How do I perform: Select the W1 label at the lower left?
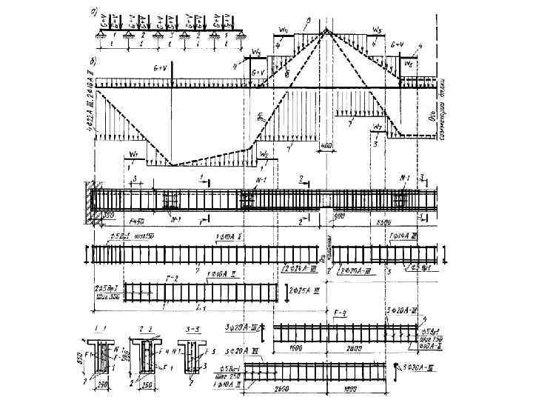(133, 154)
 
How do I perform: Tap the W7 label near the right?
(378, 127)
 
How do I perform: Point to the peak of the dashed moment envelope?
(326, 30)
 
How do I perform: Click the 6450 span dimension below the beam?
(136, 221)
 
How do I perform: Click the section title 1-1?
(93, 327)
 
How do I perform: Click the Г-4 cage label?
(341, 314)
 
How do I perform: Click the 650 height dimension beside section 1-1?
(81, 358)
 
